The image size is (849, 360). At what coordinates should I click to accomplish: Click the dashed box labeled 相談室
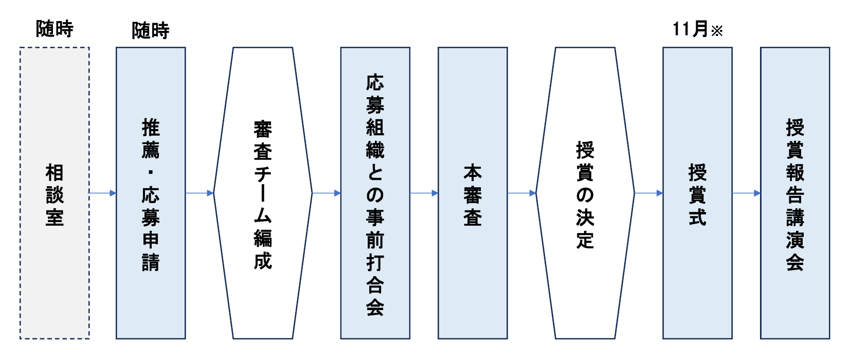click(55, 193)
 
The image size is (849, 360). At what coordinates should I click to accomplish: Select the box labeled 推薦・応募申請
click(151, 193)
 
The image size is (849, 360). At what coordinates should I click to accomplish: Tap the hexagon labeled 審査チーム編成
click(263, 193)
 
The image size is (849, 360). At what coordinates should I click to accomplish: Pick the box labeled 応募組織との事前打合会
click(375, 193)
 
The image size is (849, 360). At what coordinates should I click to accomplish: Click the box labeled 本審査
click(473, 193)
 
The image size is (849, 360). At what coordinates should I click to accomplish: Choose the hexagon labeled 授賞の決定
click(585, 193)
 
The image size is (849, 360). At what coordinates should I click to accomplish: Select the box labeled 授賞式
click(697, 193)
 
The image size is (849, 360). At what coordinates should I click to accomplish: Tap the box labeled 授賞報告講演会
click(795, 193)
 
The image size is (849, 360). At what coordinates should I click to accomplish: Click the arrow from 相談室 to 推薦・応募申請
click(103, 193)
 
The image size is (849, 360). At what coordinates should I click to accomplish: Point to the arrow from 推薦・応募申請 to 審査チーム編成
click(200, 193)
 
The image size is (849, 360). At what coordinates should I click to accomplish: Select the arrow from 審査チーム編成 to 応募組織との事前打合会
click(327, 193)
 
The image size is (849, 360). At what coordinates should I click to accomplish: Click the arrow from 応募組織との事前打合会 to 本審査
click(424, 193)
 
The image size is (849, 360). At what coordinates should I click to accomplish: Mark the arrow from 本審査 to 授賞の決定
click(521, 193)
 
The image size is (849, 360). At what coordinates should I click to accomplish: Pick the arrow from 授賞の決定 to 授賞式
click(649, 193)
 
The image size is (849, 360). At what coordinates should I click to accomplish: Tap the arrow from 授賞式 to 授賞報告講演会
click(746, 193)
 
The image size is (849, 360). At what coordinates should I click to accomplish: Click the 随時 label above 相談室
click(55, 29)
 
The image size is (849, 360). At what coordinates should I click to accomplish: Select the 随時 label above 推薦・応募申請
click(151, 31)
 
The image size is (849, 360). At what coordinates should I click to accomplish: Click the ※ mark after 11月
click(717, 31)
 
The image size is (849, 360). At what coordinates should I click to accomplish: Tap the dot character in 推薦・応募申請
click(151, 172)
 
